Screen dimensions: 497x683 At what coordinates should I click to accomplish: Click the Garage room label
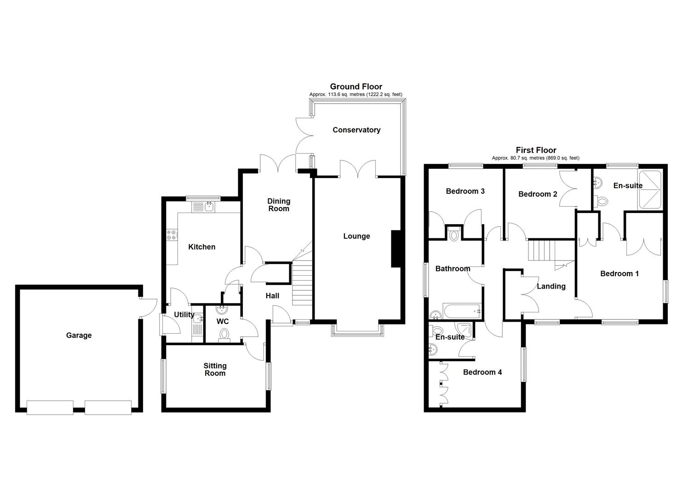79,335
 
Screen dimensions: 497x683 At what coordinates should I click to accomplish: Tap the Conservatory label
356,130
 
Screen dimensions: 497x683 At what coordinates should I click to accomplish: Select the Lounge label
356,236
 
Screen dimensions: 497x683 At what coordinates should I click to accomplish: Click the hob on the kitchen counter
172,235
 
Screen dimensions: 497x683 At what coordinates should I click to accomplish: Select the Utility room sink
197,318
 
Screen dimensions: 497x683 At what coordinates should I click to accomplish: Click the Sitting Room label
215,370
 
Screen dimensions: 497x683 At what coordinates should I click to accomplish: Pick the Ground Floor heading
356,87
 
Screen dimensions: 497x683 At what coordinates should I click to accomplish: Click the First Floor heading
536,150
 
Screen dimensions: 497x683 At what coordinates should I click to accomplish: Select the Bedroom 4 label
482,372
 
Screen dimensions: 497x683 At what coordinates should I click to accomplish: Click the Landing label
551,286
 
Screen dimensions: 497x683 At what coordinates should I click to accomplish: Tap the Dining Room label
279,205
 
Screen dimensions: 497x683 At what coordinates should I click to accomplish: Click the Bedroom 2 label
538,194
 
